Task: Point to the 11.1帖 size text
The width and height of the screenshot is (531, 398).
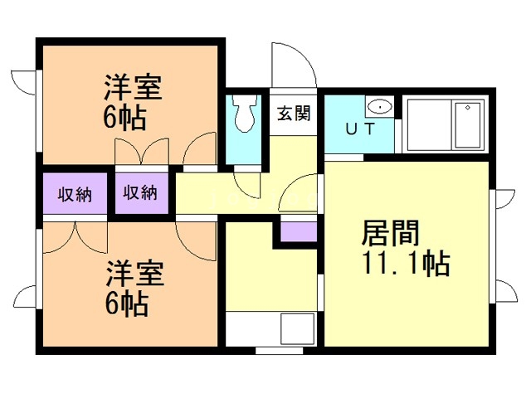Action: pyautogui.click(x=405, y=264)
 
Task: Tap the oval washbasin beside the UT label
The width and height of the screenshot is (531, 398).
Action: pyautogui.click(x=380, y=106)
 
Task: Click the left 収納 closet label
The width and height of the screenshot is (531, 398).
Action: pyautogui.click(x=75, y=195)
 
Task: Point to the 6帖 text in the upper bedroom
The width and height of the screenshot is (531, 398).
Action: pyautogui.click(x=125, y=117)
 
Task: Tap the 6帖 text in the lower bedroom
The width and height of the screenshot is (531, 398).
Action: pyautogui.click(x=126, y=304)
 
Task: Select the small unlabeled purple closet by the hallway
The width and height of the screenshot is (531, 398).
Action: pyautogui.click(x=299, y=230)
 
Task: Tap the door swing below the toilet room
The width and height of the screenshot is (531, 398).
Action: pyautogui.click(x=246, y=180)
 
